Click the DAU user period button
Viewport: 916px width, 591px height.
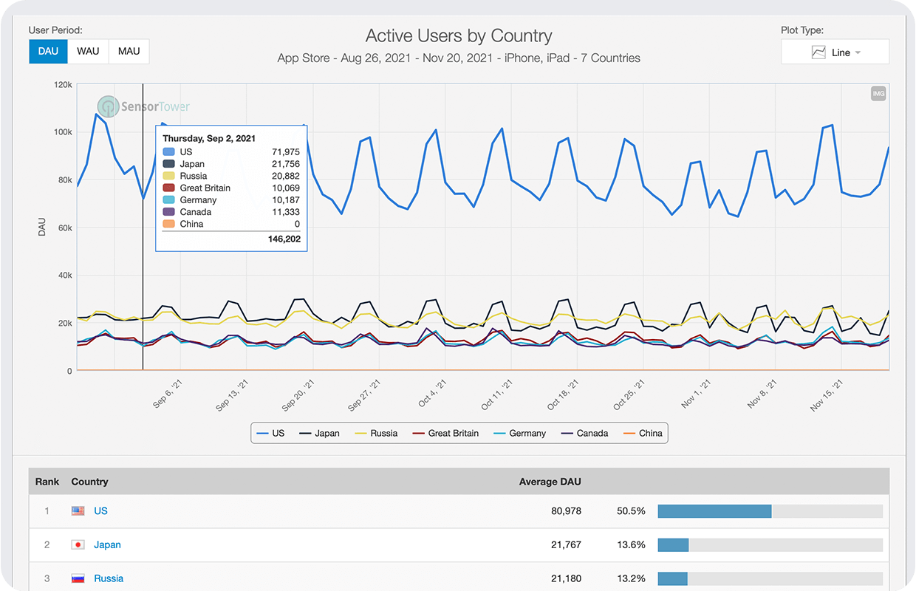(x=48, y=52)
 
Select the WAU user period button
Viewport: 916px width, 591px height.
(x=88, y=52)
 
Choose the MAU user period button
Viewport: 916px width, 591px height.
(x=129, y=52)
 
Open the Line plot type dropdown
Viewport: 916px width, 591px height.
(x=835, y=52)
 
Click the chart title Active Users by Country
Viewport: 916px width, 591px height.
(x=459, y=35)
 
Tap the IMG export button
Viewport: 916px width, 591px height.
(x=878, y=94)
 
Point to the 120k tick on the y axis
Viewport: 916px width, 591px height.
(x=63, y=85)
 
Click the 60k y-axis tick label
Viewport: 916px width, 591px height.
(x=64, y=228)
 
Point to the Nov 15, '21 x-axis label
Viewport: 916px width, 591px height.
(x=827, y=397)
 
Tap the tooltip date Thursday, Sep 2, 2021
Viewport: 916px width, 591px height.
(x=209, y=138)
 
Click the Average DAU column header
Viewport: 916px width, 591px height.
(x=550, y=482)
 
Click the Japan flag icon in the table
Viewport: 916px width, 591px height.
(x=78, y=545)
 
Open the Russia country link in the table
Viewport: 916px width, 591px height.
(x=109, y=578)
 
